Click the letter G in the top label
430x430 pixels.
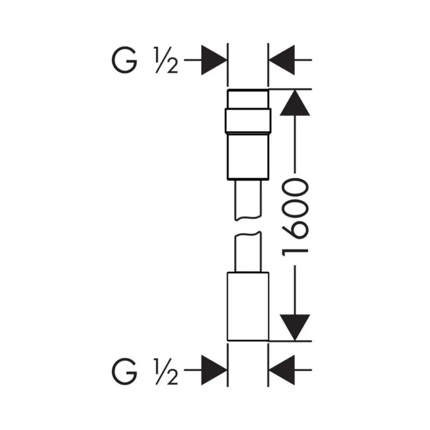(x=124, y=60)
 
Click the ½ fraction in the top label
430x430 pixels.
(x=166, y=60)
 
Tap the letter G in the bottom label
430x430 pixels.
(x=124, y=371)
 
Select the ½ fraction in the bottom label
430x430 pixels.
(x=166, y=371)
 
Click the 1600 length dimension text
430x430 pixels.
(x=295, y=217)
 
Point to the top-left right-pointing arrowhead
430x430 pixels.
(x=214, y=60)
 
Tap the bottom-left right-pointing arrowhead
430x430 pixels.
(x=214, y=370)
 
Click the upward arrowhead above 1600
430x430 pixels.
(x=295, y=103)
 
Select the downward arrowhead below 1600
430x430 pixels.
(x=295, y=328)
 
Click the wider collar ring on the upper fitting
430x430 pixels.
(x=248, y=121)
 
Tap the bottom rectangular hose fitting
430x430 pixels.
(x=248, y=306)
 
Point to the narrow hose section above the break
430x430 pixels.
(x=248, y=200)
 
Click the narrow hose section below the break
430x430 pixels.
(x=248, y=252)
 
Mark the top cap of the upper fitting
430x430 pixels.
(x=248, y=99)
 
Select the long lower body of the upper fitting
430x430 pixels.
(x=248, y=157)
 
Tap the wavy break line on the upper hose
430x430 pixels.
(x=248, y=218)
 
